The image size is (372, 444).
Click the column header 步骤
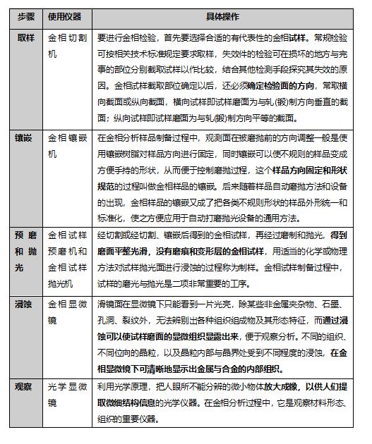[x=25, y=16]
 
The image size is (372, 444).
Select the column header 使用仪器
[x=66, y=16]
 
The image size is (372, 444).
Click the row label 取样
[x=25, y=37]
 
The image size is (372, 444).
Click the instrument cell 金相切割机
[x=66, y=46]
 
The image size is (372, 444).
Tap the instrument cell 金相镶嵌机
[x=66, y=147]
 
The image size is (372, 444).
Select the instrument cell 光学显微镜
[x=66, y=395]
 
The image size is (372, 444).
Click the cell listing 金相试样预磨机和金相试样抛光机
[x=66, y=258]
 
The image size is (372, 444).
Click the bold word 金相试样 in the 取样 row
[x=299, y=37]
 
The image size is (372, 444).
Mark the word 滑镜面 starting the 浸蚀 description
[x=109, y=303]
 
